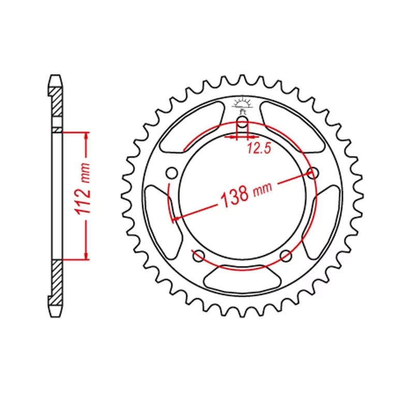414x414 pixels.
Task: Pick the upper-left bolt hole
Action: click(x=172, y=172)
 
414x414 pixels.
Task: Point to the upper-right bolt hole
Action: click(x=312, y=172)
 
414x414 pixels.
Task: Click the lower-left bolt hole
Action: click(x=197, y=255)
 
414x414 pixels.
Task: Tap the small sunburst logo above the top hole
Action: click(x=242, y=101)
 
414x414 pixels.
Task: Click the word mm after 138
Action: click(x=262, y=191)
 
